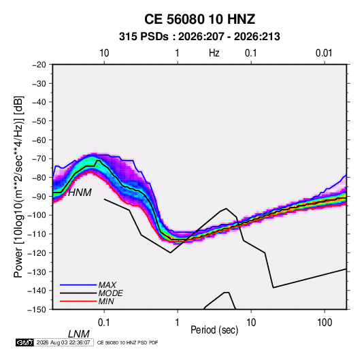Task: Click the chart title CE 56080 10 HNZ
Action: (199, 19)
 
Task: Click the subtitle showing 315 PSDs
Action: (199, 37)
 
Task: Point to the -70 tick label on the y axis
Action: (39, 159)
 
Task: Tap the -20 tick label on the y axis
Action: (39, 65)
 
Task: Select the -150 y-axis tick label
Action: (37, 310)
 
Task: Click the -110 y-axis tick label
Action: (37, 234)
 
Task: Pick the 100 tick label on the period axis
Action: (325, 323)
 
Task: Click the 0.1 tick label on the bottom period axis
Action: (104, 323)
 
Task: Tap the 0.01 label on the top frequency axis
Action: (324, 53)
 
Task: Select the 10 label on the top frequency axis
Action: (104, 53)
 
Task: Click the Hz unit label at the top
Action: (214, 53)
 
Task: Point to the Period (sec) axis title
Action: (214, 330)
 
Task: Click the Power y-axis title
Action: (18, 187)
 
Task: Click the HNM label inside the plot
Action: (80, 193)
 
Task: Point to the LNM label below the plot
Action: (79, 334)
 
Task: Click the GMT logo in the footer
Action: (25, 342)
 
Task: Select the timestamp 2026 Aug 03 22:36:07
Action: (63, 342)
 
